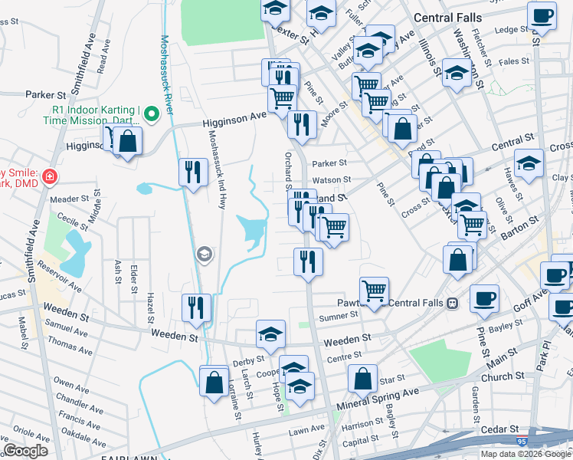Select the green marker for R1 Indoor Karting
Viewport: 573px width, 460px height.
pyautogui.click(x=152, y=116)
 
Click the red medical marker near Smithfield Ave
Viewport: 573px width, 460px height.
pyautogui.click(x=50, y=177)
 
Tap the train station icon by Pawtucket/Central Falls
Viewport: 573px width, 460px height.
pyautogui.click(x=453, y=303)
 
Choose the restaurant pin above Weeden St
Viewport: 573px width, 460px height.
pyautogui.click(x=197, y=307)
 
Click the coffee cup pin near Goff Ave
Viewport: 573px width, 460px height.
pyautogui.click(x=483, y=297)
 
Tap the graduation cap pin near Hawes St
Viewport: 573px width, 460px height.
pyautogui.click(x=529, y=163)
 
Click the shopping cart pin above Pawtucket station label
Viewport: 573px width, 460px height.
pyautogui.click(x=374, y=290)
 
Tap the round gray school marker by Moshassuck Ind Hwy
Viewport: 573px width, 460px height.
pyautogui.click(x=205, y=254)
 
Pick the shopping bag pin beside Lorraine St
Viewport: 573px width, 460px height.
pyautogui.click(x=214, y=379)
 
